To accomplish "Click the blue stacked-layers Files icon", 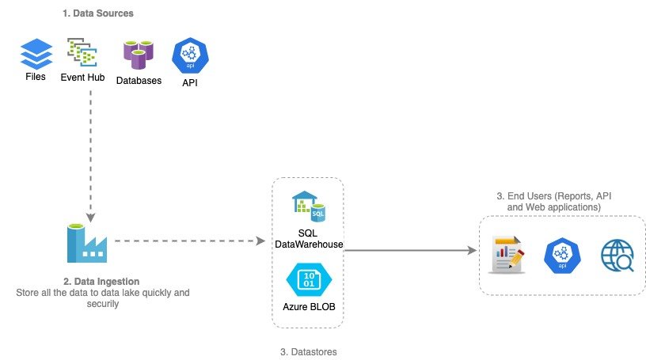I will (x=35, y=54).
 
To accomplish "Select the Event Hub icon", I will (x=82, y=52).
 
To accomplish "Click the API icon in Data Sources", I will (x=188, y=55).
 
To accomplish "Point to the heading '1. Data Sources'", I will (x=97, y=13).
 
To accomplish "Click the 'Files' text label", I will (x=35, y=78).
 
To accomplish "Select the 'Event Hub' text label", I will (x=82, y=78).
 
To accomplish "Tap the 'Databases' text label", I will (x=139, y=81).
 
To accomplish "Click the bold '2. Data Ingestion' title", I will (x=102, y=281).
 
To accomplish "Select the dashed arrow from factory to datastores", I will (x=190, y=241).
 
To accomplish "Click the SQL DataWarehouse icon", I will (x=309, y=207).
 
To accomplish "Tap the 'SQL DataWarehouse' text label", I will (x=308, y=238).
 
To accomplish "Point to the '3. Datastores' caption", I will (x=309, y=351).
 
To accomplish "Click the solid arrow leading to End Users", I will (x=410, y=250).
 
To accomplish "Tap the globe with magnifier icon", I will (x=617, y=256).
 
